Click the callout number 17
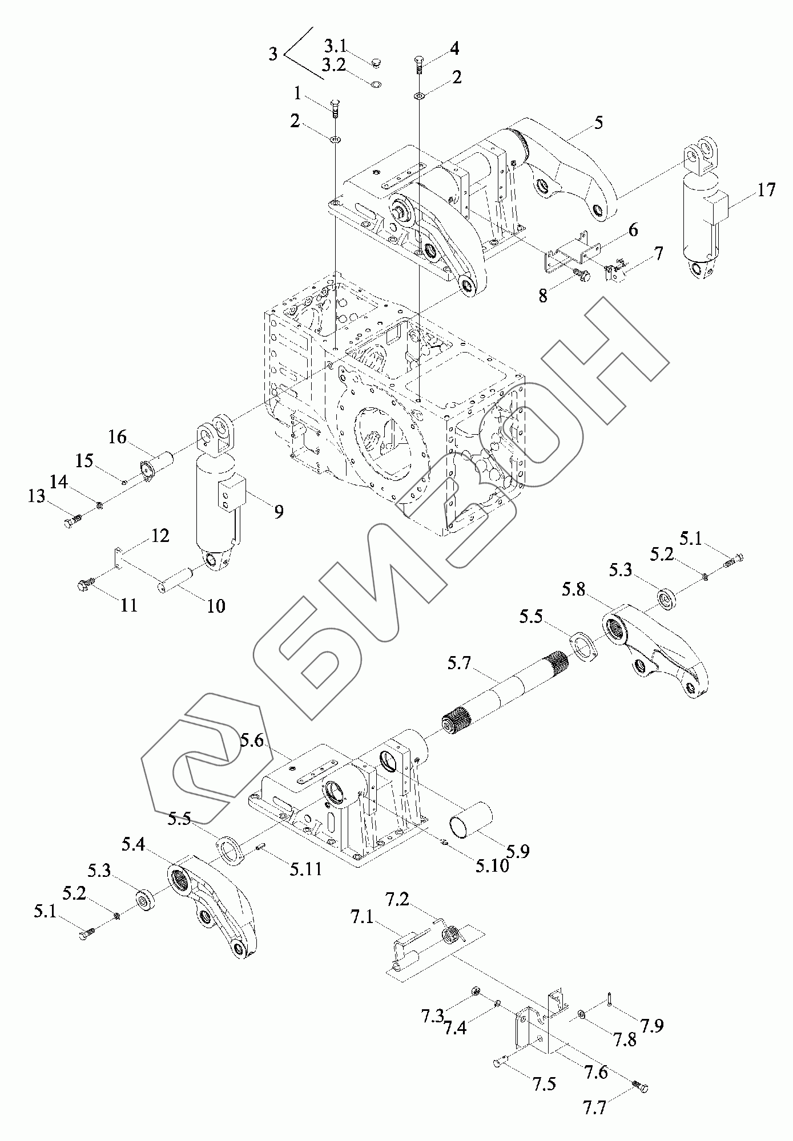(x=766, y=189)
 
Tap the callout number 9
(x=279, y=512)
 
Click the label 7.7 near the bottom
(x=595, y=1108)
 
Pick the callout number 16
(x=117, y=438)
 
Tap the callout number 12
(x=160, y=536)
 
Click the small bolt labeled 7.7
(x=640, y=1087)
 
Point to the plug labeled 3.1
(x=377, y=62)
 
